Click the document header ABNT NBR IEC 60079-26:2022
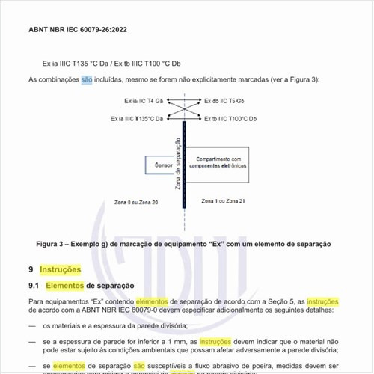(77, 30)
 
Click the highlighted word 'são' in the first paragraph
(87, 79)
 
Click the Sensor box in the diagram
(163, 165)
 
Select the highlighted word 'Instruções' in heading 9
(60, 269)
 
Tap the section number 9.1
(34, 285)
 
